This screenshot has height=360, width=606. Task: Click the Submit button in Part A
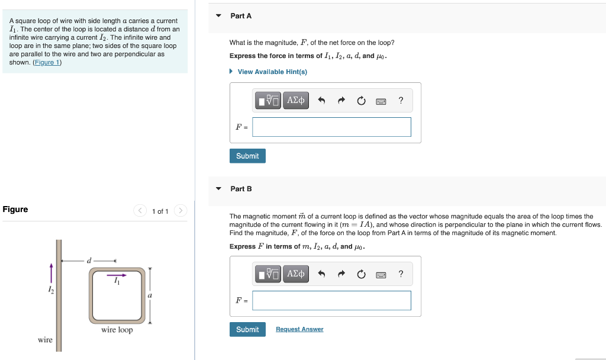(247, 156)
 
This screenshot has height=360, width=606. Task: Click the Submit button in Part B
(247, 329)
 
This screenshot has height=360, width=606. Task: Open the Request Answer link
(299, 329)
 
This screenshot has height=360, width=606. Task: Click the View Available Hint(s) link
(272, 72)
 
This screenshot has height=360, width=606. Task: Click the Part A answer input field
(331, 127)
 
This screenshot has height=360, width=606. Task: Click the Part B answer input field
(331, 300)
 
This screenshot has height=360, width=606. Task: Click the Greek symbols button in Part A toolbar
(295, 101)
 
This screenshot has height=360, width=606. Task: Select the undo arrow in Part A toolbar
(322, 101)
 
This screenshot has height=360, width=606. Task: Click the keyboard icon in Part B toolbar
(381, 274)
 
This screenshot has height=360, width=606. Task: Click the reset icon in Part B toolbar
(361, 274)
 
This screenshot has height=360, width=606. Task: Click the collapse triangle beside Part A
(218, 15)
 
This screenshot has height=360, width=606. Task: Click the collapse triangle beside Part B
(218, 188)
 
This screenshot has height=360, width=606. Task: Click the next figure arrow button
(180, 211)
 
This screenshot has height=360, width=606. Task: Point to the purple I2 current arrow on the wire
(51, 273)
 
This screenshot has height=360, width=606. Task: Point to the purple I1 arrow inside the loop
(116, 275)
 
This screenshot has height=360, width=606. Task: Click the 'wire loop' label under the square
(117, 330)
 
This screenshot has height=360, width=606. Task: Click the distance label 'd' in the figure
(89, 259)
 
